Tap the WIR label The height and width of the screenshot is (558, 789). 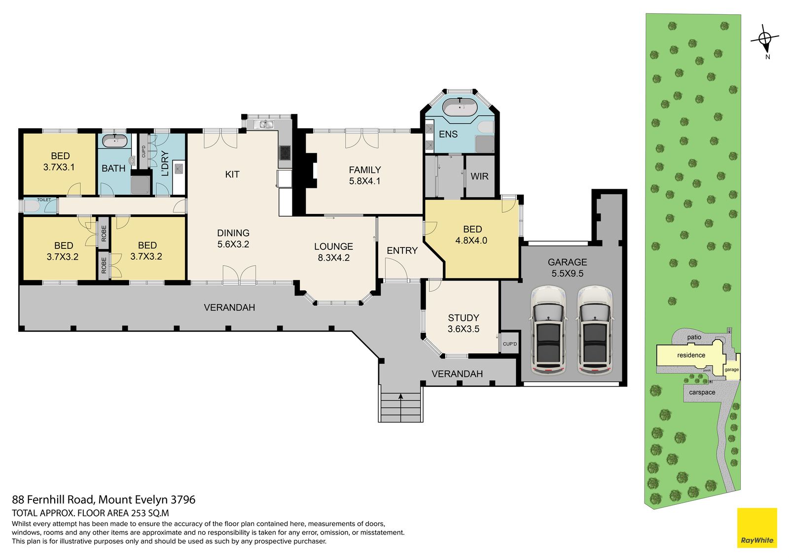[479, 176]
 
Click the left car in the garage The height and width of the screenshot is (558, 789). [548, 331]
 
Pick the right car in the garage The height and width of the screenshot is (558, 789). [595, 331]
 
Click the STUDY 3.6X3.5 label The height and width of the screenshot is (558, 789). [463, 323]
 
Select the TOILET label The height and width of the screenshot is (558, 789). [44, 200]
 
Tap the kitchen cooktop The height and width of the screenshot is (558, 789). [285, 153]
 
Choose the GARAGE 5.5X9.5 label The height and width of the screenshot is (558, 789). [567, 268]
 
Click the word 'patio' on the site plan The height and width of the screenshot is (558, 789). [694, 337]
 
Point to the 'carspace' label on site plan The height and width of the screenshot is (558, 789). [702, 392]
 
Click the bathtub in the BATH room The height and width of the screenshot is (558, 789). [114, 141]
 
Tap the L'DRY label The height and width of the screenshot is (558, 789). [165, 164]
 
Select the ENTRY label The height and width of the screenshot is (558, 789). [402, 251]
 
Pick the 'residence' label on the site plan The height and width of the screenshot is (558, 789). [691, 355]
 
